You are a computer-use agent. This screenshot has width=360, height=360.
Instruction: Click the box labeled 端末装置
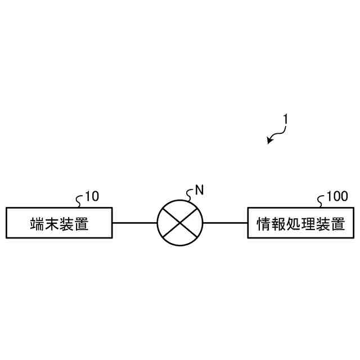pyautogui.click(x=59, y=223)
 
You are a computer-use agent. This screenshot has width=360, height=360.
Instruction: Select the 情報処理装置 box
pyautogui.click(x=301, y=223)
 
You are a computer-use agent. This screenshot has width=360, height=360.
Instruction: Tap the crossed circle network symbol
pyautogui.click(x=180, y=223)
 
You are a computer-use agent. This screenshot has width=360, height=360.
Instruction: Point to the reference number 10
pyautogui.click(x=92, y=196)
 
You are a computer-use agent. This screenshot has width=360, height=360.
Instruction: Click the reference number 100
pyautogui.click(x=337, y=196)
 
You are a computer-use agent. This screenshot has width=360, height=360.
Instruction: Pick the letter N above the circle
pyautogui.click(x=199, y=190)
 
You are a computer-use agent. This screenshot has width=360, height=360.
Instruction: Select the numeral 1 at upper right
pyautogui.click(x=286, y=119)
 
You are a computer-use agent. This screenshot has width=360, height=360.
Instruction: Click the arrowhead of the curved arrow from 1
pyautogui.click(x=269, y=141)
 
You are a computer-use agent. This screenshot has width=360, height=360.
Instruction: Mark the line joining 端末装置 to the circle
pyautogui.click(x=134, y=223)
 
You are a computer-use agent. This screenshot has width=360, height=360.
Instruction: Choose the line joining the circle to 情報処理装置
pyautogui.click(x=225, y=223)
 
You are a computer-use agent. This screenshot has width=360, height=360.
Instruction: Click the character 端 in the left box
pyautogui.click(x=37, y=224)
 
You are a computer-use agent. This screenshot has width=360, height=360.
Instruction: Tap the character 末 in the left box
pyautogui.click(x=52, y=224)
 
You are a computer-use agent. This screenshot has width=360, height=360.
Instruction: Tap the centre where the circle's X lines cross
pyautogui.click(x=180, y=223)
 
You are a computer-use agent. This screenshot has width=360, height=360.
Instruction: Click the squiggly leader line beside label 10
pyautogui.click(x=80, y=200)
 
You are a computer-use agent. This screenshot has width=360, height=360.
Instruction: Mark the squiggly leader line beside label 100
pyautogui.click(x=322, y=200)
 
